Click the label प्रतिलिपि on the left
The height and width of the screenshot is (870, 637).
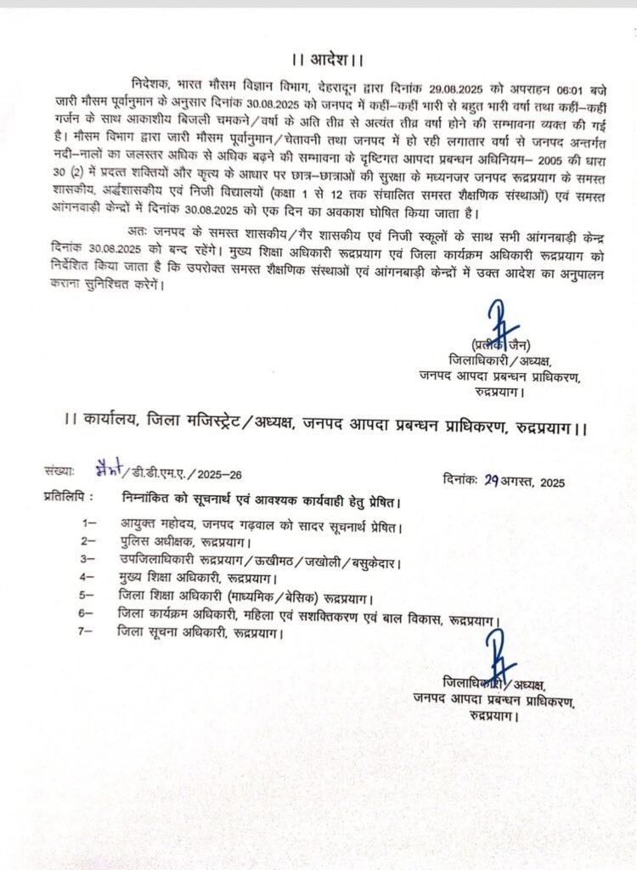coord(65,495)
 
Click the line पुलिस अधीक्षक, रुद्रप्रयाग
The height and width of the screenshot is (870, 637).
coord(178,541)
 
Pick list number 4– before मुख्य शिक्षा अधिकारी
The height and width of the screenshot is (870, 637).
coord(88,578)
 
